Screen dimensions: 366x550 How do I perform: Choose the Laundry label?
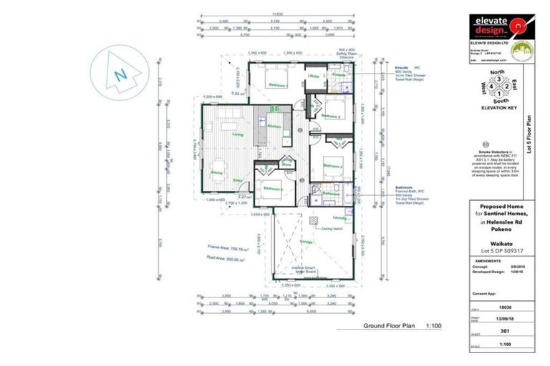pos(340,217)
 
